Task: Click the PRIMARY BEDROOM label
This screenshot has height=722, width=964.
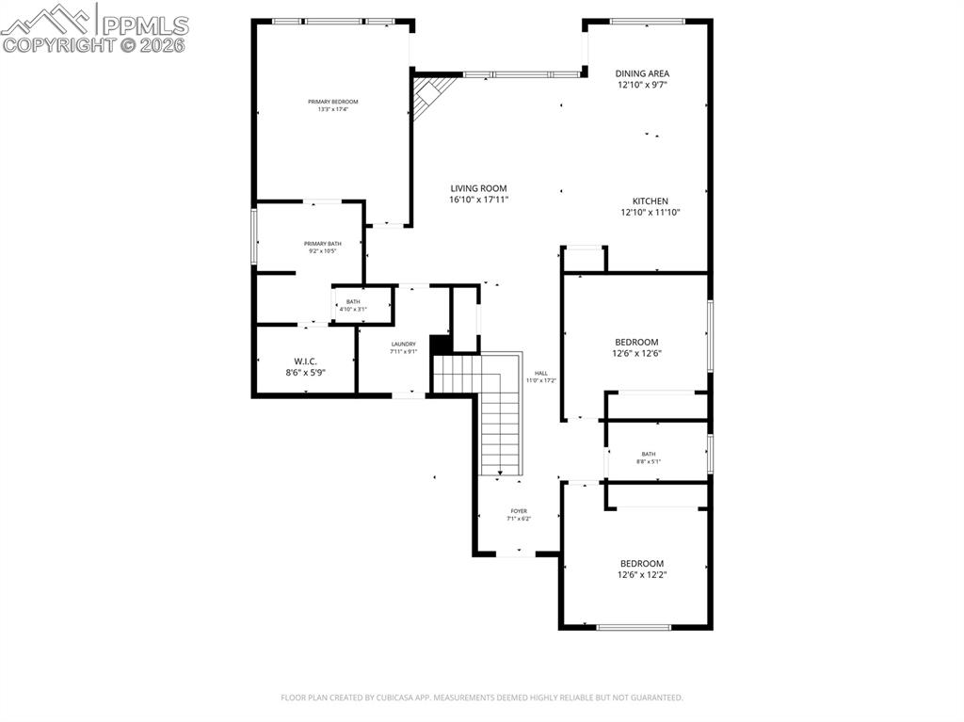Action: click(332, 102)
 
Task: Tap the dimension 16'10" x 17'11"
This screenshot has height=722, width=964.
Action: click(478, 200)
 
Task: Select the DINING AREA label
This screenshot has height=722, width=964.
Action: click(642, 72)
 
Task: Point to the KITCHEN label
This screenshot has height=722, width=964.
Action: click(650, 201)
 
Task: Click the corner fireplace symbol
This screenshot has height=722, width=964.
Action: click(430, 94)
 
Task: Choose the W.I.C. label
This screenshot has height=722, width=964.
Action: click(305, 361)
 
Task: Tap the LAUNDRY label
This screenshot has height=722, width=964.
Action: click(403, 345)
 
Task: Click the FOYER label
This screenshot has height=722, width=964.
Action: click(519, 511)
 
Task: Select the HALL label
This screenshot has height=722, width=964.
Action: click(541, 372)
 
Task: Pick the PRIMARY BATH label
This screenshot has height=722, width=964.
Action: click(322, 244)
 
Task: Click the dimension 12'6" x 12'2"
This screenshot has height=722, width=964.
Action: click(649, 574)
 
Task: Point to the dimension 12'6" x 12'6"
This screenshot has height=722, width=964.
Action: click(636, 354)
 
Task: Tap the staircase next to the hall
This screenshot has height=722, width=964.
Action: click(499, 414)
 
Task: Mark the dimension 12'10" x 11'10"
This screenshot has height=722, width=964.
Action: click(650, 213)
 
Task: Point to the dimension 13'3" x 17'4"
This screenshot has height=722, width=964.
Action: click(332, 109)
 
